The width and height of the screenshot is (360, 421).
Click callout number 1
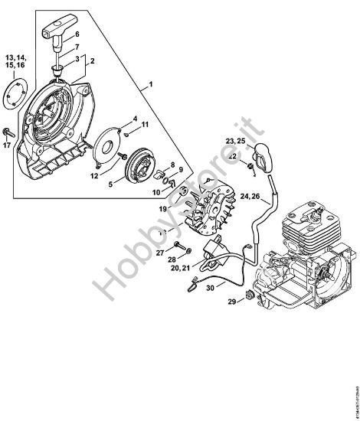(151, 83)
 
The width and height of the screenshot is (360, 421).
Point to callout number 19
(162, 208)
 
